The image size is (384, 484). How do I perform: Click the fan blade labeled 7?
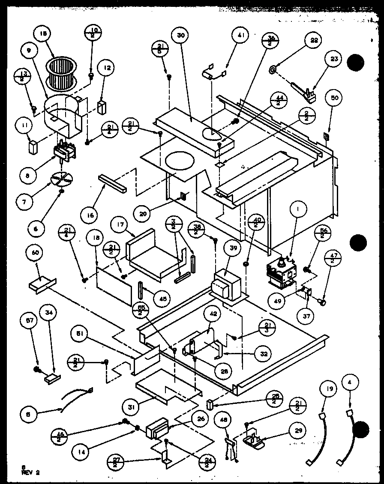[x=62, y=179]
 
